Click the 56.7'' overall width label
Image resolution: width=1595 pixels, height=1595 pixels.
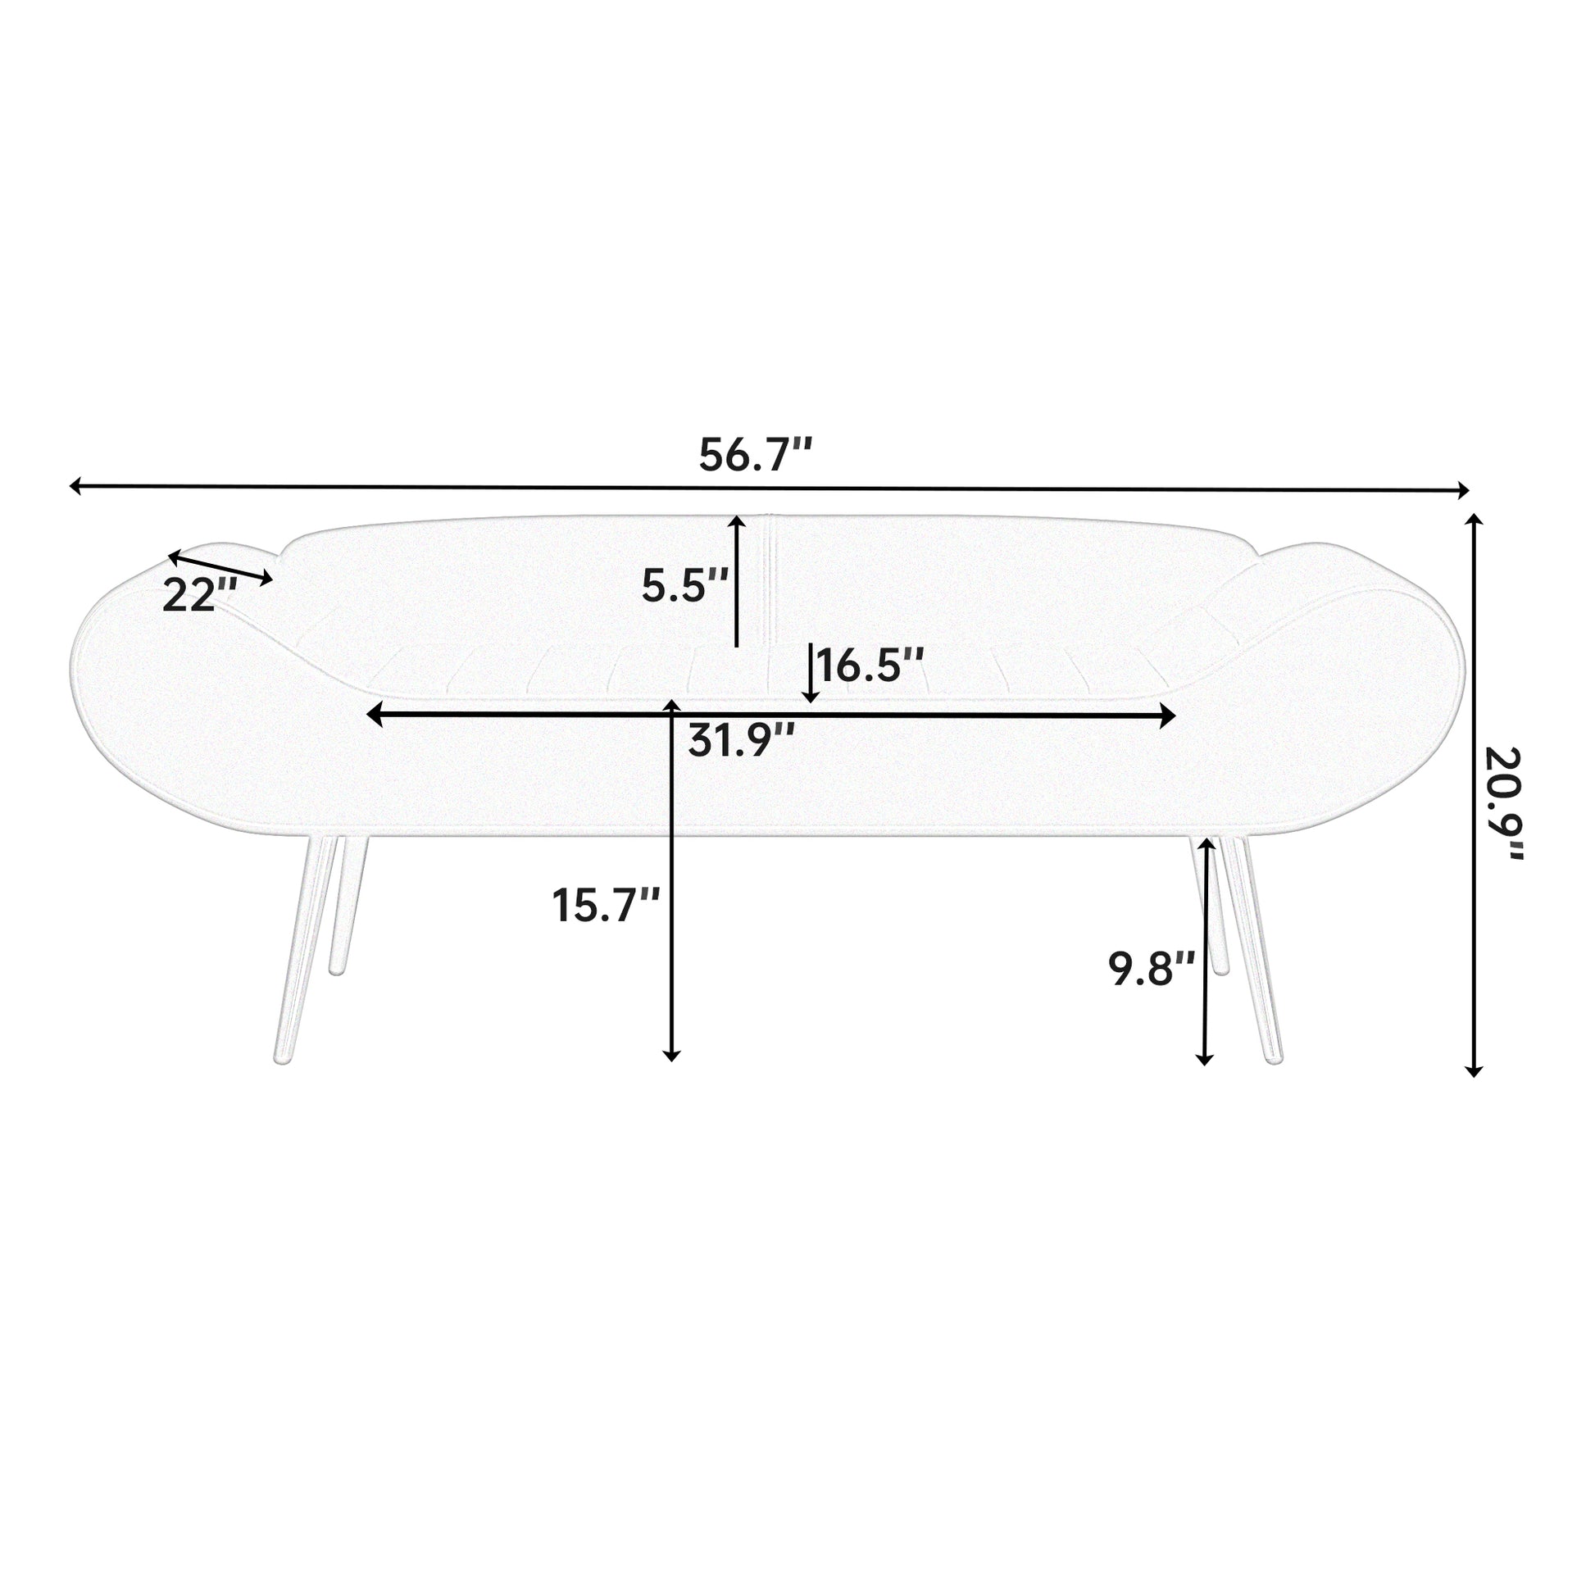click(756, 455)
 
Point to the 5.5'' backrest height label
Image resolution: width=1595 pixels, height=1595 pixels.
click(684, 586)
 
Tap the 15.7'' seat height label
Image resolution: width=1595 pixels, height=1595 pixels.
click(605, 906)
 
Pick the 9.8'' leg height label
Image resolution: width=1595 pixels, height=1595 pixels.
click(1151, 970)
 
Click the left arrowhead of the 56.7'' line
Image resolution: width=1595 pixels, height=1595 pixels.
click(75, 485)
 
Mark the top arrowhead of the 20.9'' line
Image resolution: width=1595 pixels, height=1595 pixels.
click(1474, 521)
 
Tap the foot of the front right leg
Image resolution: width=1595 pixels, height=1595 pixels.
click(1274, 1057)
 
